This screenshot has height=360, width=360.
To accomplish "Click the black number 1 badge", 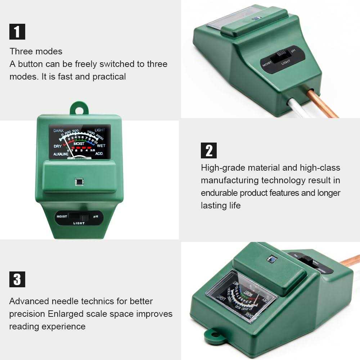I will (17, 31).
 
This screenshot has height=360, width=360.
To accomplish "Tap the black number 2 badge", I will (209, 150).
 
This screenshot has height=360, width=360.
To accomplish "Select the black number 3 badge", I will (17, 279).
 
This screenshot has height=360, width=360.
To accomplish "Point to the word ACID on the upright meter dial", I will (99, 154).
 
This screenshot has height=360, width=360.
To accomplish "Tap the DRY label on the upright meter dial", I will (58, 146).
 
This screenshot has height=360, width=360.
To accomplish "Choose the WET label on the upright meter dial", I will (101, 146).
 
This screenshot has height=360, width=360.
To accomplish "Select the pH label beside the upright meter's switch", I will (96, 217).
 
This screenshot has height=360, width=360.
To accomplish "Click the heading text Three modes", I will (36, 51).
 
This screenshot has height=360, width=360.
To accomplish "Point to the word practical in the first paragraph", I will (109, 77).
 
